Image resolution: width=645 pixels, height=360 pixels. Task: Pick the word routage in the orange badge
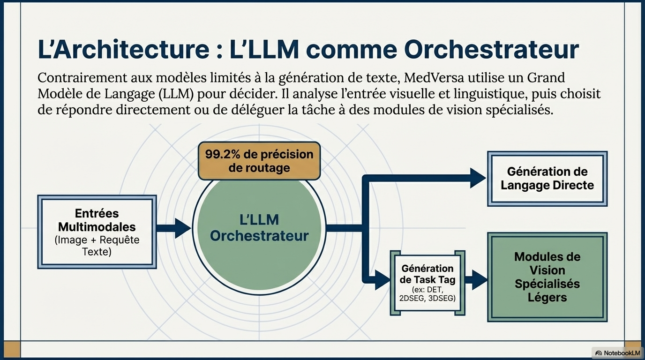pos(259,168)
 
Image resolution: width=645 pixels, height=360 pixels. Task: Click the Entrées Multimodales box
pos(97,232)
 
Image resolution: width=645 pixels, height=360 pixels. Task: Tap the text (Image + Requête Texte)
pos(97,246)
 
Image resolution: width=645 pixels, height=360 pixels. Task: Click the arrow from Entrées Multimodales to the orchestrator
pos(173,228)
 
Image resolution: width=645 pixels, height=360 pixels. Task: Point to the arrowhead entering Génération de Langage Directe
pos(478,178)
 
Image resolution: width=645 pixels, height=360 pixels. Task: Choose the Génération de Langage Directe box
pos(547,179)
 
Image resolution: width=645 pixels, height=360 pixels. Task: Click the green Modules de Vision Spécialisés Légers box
pos(547,277)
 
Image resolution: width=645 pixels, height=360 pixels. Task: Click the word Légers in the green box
pos(547,297)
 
